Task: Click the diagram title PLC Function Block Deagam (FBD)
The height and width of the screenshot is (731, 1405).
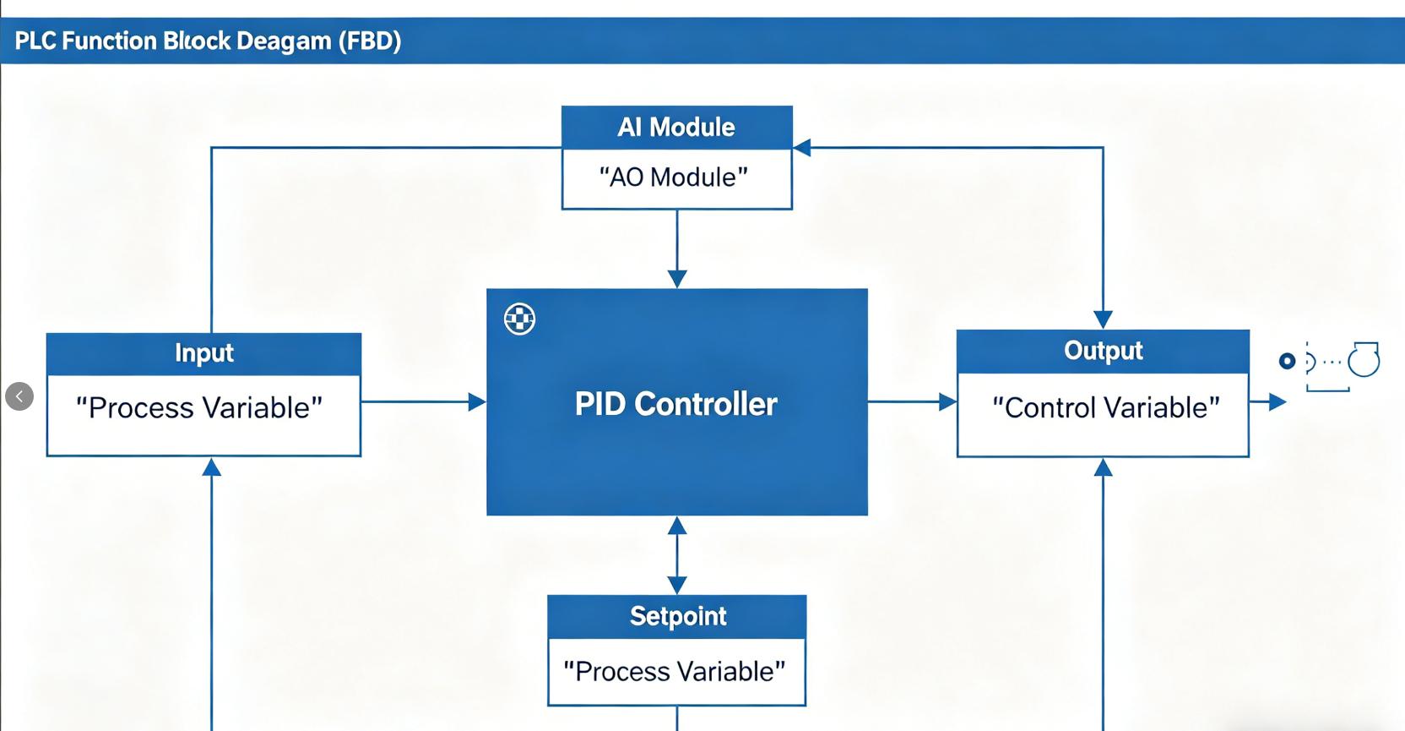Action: (x=208, y=41)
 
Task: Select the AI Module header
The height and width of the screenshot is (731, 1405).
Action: (x=676, y=128)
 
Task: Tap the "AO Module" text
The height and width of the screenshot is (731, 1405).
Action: (x=674, y=177)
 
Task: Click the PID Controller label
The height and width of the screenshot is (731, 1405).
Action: (x=675, y=404)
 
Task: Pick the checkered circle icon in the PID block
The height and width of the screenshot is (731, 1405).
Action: (x=519, y=319)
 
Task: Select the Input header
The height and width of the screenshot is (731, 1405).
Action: (x=203, y=353)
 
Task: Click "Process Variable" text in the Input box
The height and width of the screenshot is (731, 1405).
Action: (x=199, y=408)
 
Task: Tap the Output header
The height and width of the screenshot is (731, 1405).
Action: (x=1103, y=351)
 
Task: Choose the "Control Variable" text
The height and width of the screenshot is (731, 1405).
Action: (x=1105, y=408)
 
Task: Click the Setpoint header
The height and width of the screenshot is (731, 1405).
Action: (x=677, y=616)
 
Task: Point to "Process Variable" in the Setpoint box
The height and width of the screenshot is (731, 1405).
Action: (x=674, y=672)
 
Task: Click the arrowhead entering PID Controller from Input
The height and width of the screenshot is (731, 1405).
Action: (x=477, y=402)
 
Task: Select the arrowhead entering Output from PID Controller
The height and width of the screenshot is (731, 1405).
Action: (x=947, y=402)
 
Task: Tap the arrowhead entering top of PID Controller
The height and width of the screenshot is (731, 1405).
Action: (x=677, y=279)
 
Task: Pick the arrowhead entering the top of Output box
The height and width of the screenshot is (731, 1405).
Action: (x=1103, y=319)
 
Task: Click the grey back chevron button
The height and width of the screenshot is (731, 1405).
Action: (x=19, y=396)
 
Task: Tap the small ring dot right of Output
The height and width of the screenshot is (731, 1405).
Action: (x=1287, y=362)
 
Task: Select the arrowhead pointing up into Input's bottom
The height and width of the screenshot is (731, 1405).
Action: (x=212, y=467)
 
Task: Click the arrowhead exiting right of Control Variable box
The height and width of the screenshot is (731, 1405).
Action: (x=1277, y=402)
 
